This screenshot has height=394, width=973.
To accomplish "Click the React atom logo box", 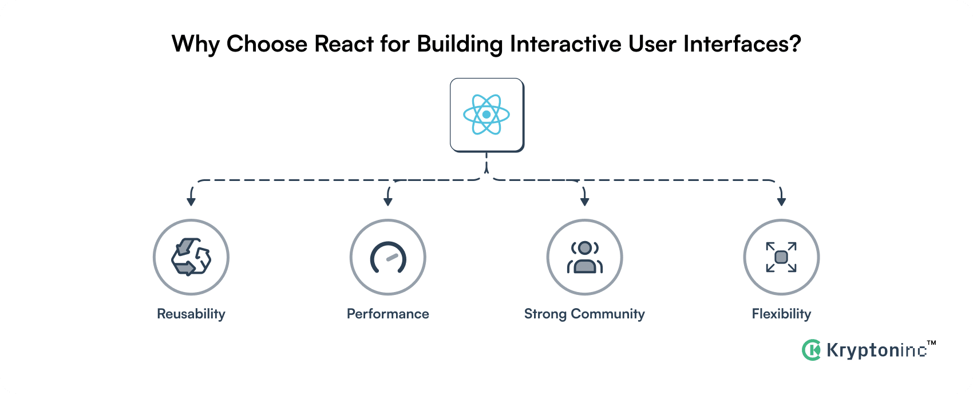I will click(486, 115).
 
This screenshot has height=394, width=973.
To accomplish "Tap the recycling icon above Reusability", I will click(191, 257).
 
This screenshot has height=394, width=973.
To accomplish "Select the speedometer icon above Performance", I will click(388, 257).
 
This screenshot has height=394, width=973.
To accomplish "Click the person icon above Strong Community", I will click(584, 257).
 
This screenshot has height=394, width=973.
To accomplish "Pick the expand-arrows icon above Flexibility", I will click(781, 257).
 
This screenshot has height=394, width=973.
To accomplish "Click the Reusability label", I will click(191, 314).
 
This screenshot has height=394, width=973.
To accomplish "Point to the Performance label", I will click(388, 314).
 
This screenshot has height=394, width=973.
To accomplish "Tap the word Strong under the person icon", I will click(545, 314).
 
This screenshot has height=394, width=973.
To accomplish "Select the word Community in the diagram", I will click(608, 314).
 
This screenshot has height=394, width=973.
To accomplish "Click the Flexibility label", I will click(781, 314).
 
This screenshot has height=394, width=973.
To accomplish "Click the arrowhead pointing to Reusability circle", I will click(191, 201).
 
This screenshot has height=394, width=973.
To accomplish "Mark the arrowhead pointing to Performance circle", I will click(388, 201).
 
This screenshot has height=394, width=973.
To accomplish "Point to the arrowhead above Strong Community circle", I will click(584, 201).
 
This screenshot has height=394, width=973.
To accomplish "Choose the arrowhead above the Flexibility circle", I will click(781, 201).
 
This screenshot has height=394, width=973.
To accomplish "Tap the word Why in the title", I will click(195, 44).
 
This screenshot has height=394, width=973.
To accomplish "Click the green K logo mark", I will click(811, 350).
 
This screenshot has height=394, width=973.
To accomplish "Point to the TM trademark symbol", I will click(931, 343).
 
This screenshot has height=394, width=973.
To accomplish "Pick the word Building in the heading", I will click(460, 44).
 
